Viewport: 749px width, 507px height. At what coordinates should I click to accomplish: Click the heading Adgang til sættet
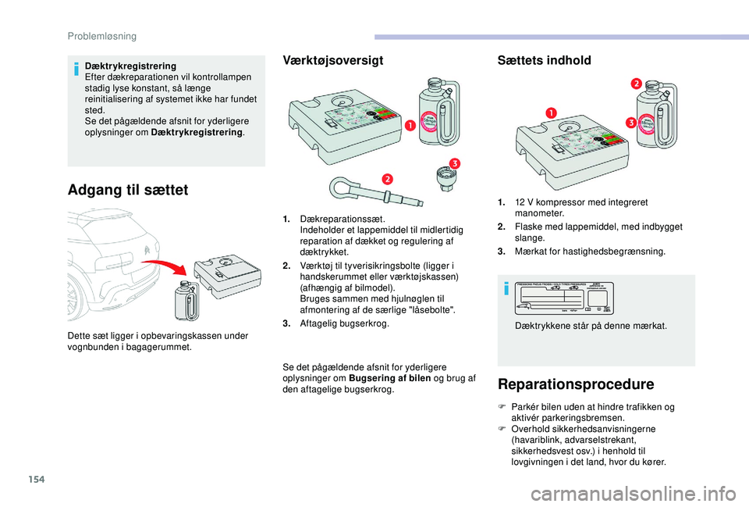click(129, 190)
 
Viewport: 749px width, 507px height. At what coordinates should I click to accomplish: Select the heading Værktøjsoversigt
click(332, 60)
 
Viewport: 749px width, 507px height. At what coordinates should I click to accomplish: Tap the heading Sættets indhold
click(544, 60)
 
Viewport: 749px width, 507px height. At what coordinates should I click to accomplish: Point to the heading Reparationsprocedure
click(577, 384)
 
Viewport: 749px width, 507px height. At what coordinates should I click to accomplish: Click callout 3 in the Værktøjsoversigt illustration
click(453, 162)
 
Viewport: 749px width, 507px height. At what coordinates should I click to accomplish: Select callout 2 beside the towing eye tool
click(386, 179)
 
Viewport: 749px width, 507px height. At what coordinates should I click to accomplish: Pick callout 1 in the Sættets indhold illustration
click(551, 113)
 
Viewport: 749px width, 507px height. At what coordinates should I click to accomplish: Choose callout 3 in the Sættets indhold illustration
click(629, 122)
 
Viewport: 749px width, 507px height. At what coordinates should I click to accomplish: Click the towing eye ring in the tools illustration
click(342, 187)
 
